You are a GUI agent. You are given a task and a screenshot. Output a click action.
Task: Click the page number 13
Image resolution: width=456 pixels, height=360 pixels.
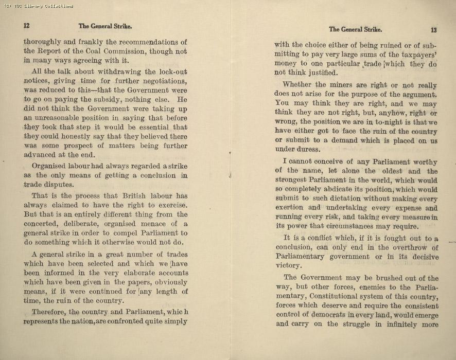click(433, 29)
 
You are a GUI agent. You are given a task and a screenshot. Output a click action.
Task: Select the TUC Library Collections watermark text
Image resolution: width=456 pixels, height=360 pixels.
click(38, 6)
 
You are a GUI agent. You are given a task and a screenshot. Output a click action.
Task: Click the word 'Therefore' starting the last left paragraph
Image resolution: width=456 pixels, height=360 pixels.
click(48, 312)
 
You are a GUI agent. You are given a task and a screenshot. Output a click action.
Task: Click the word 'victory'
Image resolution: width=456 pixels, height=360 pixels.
click(288, 266)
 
